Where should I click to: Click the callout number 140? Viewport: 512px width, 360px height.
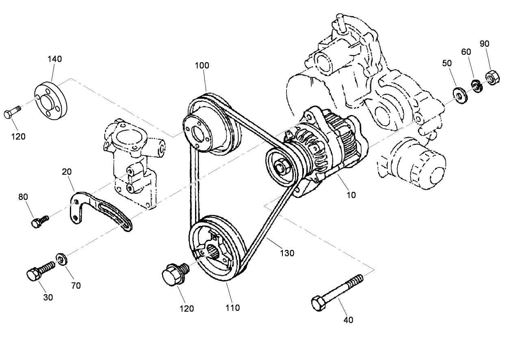(x=55, y=59)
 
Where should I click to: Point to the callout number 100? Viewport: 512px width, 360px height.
(x=202, y=65)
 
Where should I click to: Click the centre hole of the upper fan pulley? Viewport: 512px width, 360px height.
(x=197, y=133)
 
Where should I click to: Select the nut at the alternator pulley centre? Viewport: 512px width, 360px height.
(x=281, y=167)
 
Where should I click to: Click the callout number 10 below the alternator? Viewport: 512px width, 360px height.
(x=351, y=195)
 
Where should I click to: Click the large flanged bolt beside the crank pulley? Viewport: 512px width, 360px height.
(x=174, y=273)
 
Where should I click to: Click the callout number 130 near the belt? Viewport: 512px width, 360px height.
(x=287, y=253)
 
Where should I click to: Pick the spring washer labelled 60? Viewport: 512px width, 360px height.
(x=476, y=86)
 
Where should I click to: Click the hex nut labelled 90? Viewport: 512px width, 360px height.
(x=492, y=77)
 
